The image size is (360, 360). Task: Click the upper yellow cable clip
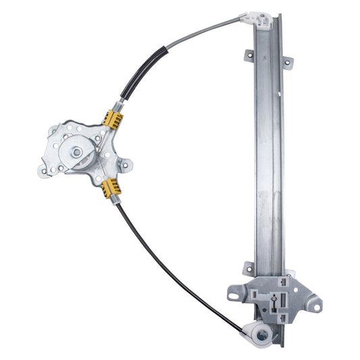[114, 120]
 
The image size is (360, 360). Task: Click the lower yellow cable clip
[111, 187]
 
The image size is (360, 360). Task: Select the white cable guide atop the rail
[259, 18]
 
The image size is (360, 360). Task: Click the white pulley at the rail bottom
[261, 332]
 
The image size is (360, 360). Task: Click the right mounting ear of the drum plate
[126, 163]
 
